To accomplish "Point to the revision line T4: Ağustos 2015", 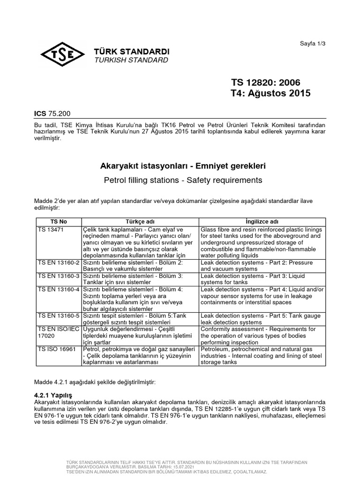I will (270, 93).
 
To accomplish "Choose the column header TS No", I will (59, 221).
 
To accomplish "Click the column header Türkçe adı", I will (140, 221).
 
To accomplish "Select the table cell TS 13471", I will (48, 229).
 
